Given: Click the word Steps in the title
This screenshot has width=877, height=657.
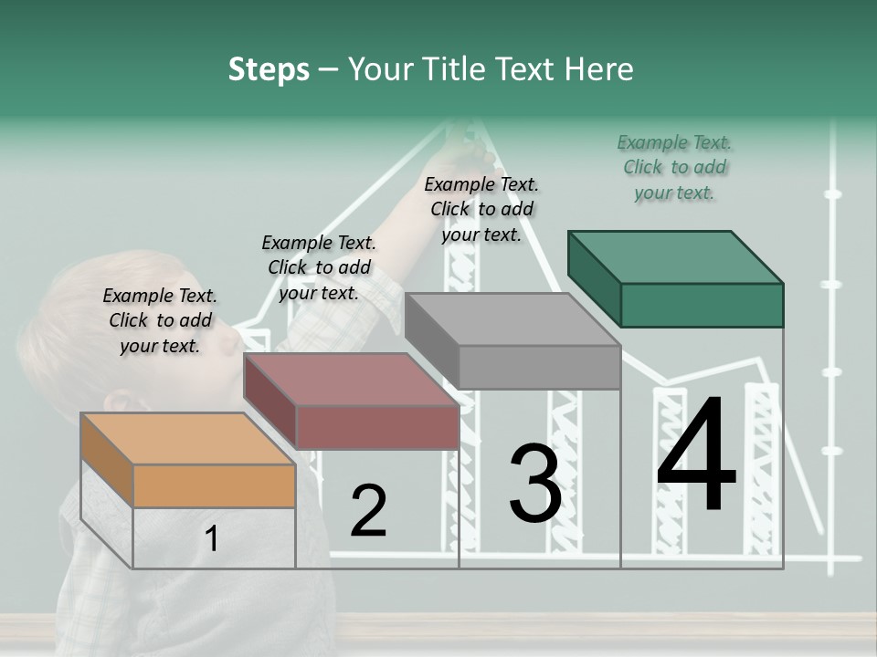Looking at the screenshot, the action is pos(269,69).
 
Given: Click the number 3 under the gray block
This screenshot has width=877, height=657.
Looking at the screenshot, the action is pos(535,483).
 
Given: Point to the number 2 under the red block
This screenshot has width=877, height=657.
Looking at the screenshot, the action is pos(368,510).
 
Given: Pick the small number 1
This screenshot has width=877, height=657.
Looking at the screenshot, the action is pos(211,538).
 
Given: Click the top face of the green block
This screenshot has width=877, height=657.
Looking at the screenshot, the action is pos(676,257).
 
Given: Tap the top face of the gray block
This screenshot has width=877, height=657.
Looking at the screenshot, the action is pos(512,319).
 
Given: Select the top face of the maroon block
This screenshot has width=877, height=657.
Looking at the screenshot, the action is pos(351,380).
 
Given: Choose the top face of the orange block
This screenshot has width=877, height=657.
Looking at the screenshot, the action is pos(187,439).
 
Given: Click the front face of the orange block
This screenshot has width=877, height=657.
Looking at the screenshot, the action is pos(214,486).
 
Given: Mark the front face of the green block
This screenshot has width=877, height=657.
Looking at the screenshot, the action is pos(702,306).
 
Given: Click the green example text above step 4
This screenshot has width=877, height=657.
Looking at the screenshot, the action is pos(674,168).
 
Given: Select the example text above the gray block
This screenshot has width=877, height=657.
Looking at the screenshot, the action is pos(481,210).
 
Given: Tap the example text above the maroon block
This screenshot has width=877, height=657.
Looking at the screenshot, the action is pos(319,267).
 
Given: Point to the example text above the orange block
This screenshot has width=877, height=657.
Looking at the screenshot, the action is pos(160,320).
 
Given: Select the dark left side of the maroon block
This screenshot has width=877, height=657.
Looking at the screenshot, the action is pos(270,400).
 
